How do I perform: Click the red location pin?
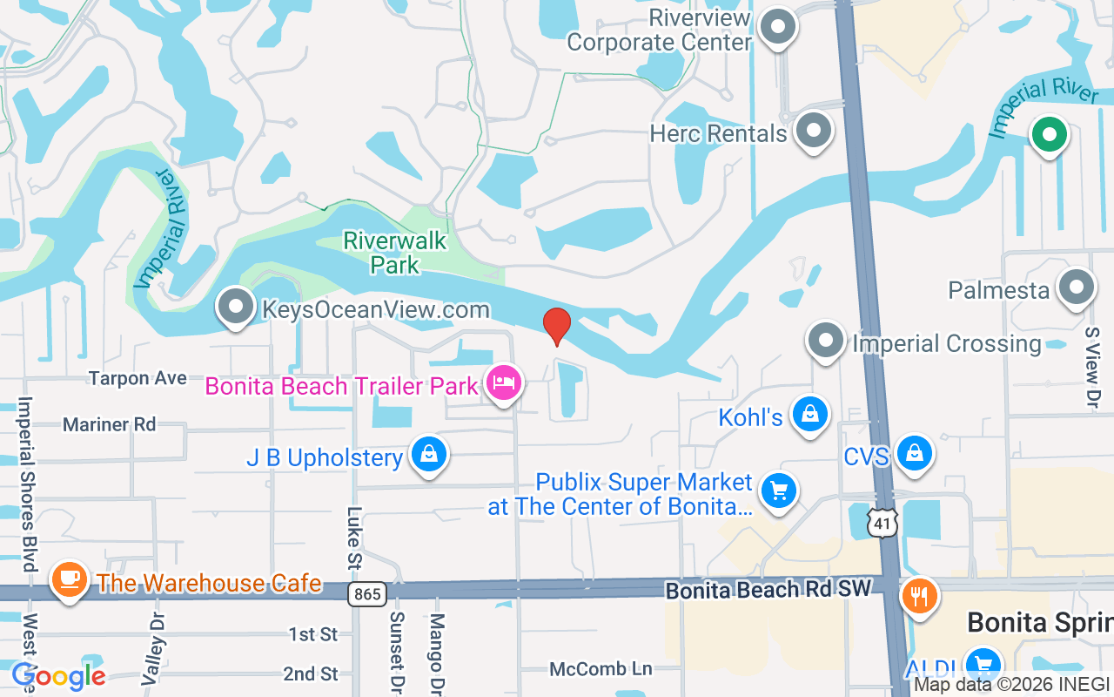click(557, 326)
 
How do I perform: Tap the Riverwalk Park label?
click(394, 252)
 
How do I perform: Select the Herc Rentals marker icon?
click(814, 131)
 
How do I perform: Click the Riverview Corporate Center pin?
click(778, 28)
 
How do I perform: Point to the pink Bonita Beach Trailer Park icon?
click(504, 382)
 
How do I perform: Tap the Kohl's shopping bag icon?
click(809, 414)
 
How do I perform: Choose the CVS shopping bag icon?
click(914, 453)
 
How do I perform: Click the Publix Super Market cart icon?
click(778, 491)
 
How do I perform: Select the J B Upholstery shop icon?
click(428, 454)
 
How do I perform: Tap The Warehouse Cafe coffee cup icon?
click(68, 579)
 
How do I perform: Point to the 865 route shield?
click(366, 595)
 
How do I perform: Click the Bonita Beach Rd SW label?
click(768, 590)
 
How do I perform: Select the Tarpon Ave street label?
click(138, 378)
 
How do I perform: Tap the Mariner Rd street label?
click(109, 424)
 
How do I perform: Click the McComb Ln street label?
click(601, 668)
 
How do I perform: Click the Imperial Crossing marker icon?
click(825, 341)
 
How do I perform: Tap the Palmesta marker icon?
click(1076, 288)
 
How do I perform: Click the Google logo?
click(58, 675)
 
